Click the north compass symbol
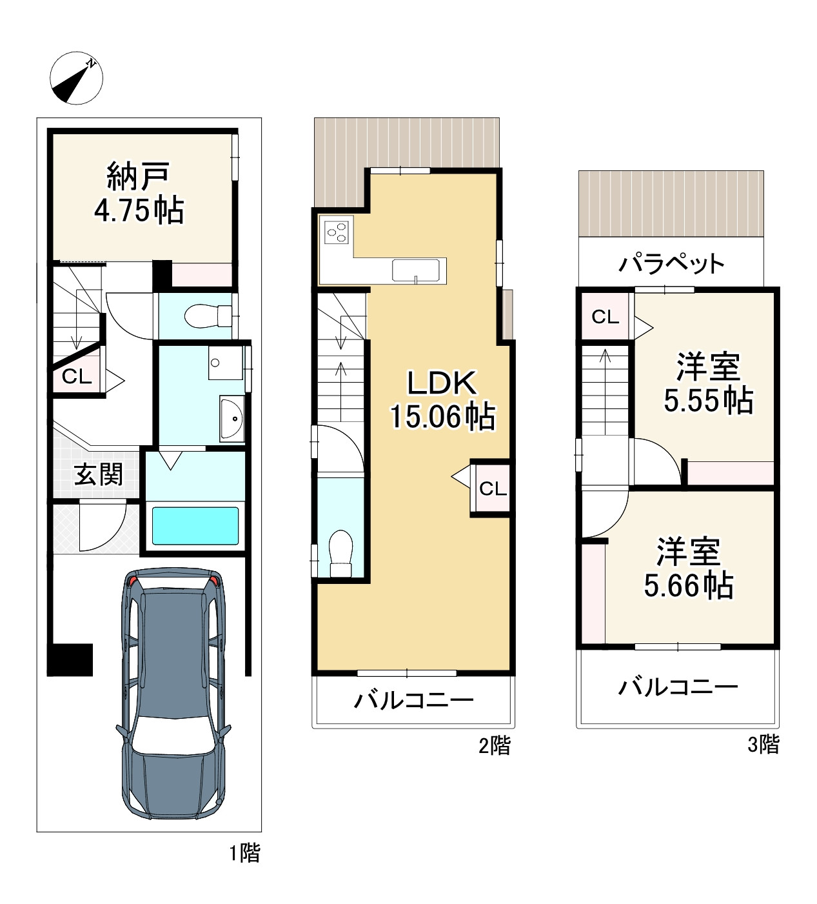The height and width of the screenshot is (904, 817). (76, 78)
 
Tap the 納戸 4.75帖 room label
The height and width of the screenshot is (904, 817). (139, 194)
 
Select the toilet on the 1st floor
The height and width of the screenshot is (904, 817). (208, 316)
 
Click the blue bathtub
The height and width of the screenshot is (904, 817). (195, 526)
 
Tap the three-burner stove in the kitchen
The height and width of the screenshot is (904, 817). (337, 232)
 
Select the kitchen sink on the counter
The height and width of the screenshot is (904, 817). (416, 270)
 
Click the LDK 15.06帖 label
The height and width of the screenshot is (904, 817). (442, 399)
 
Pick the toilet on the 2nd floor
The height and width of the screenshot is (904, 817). (340, 553)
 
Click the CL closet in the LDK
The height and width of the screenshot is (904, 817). (492, 488)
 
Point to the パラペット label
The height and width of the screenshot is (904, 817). (671, 264)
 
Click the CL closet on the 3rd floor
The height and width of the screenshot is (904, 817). (605, 316)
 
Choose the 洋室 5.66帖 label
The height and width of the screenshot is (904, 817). (689, 568)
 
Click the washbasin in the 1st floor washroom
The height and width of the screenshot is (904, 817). (232, 419)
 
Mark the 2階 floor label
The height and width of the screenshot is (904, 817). (495, 745)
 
